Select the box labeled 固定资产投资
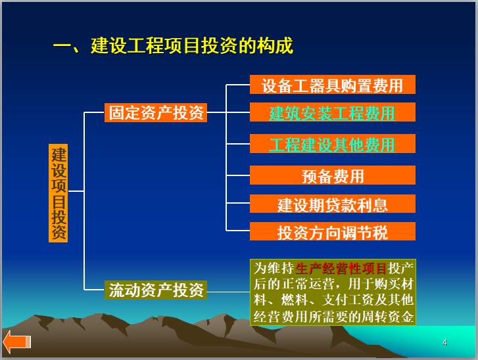point(156,113)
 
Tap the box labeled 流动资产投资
point(156,290)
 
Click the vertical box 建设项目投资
point(59,193)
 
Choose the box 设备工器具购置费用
point(332,85)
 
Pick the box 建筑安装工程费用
point(332,112)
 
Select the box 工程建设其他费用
point(332,144)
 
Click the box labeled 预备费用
point(332,175)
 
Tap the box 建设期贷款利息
point(332,204)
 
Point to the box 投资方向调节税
point(332,232)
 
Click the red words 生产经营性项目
point(342,268)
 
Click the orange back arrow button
point(16,342)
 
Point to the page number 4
point(444,342)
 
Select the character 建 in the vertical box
point(59,155)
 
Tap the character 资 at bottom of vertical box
point(59,232)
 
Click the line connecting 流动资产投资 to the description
point(228,291)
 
